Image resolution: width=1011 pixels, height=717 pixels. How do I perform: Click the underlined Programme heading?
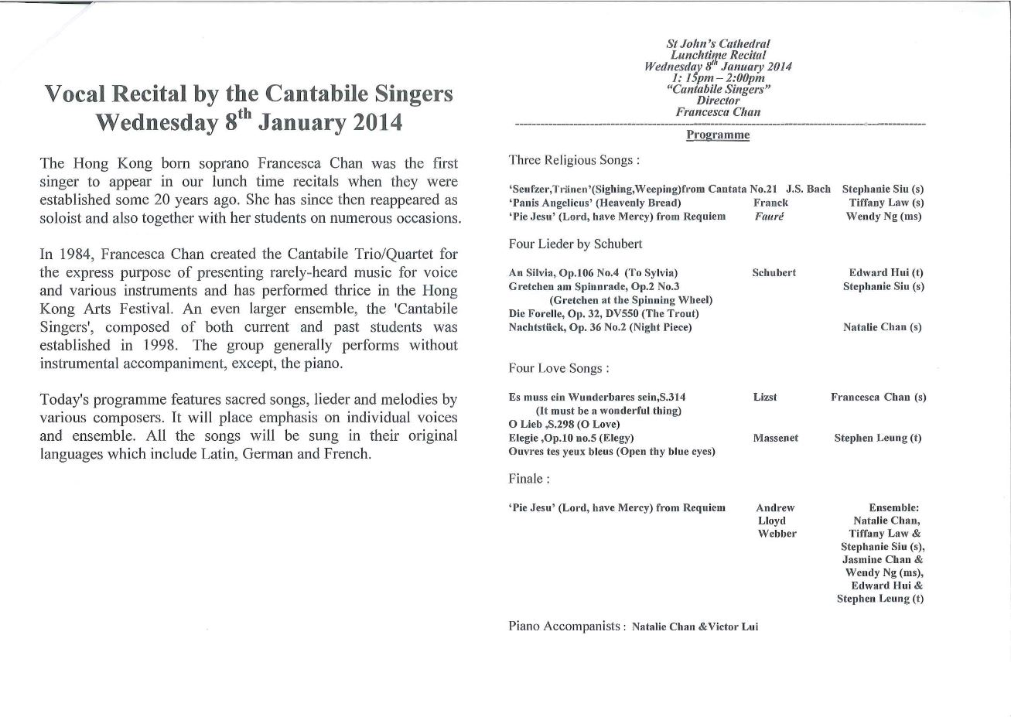click(718, 135)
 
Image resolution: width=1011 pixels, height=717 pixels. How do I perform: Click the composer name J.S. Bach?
click(808, 189)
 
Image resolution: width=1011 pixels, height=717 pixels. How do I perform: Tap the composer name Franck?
click(770, 203)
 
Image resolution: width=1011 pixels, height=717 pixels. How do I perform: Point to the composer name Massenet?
click(776, 438)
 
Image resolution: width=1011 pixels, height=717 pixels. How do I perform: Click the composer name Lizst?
click(764, 397)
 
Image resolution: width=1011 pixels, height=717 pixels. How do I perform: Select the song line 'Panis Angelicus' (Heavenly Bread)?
click(595, 203)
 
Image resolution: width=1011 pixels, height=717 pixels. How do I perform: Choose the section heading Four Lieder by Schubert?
click(576, 244)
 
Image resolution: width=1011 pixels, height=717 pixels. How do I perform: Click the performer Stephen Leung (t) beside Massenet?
click(877, 438)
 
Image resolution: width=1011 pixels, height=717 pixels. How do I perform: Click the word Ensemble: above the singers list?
click(893, 508)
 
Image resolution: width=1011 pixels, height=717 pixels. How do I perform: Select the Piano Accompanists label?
click(566, 627)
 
